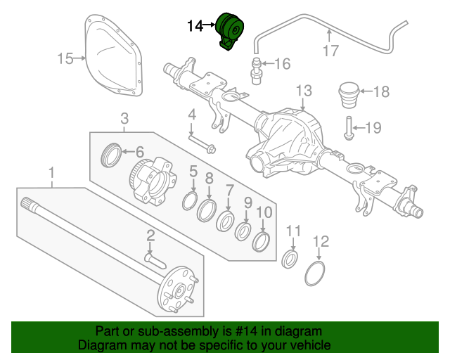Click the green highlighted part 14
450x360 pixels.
pos(230,32)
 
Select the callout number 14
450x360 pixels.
pos(195,26)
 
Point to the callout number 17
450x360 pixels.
pos(330,50)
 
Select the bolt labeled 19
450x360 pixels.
pos(348,129)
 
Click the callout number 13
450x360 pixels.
pos(303,90)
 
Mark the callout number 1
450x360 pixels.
pos(51,172)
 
